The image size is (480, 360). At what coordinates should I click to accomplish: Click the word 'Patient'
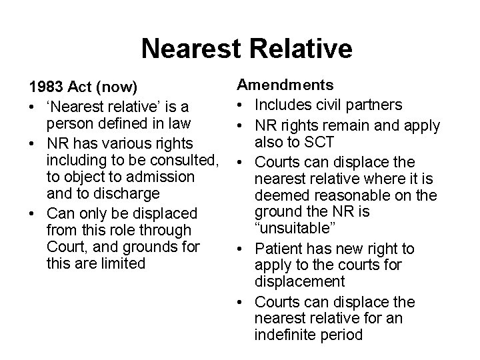click(x=278, y=249)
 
